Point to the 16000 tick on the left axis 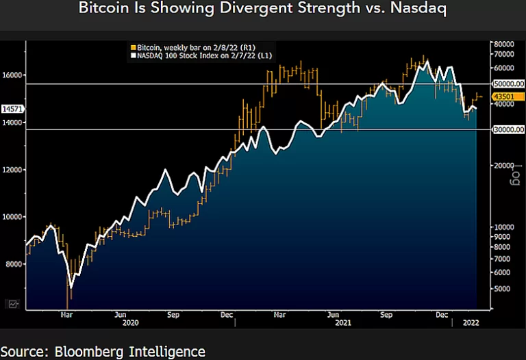pos(14,75)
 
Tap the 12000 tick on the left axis pos(14,170)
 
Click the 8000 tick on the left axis pos(14,263)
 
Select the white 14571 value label pos(13,109)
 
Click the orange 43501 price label pos(503,98)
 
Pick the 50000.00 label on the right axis pos(508,83)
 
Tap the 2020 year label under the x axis pos(130,322)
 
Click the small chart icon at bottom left pos(13,304)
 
